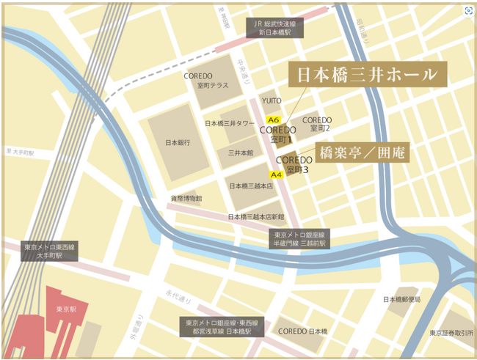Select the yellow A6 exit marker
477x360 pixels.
point(274,119)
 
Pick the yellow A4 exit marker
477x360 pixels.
point(277,175)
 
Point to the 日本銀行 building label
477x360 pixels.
point(178,142)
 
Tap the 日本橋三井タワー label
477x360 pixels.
point(230,123)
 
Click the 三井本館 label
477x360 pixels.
point(240,153)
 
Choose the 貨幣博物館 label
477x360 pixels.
point(186,198)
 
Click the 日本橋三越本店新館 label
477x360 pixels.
point(255,216)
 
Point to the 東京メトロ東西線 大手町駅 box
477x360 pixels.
point(48,251)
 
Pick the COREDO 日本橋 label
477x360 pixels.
point(302,331)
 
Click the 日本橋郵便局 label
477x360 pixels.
point(402,299)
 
